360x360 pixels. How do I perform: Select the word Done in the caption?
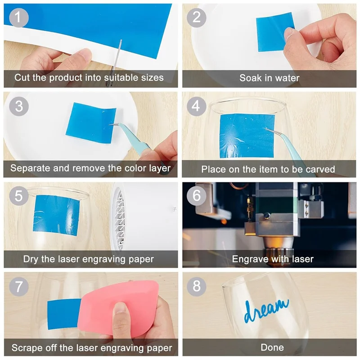[x=272, y=347]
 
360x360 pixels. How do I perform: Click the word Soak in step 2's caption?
[x=250, y=78]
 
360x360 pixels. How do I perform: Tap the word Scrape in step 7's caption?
[x=27, y=347]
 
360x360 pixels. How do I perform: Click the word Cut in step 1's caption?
[x=22, y=77]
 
